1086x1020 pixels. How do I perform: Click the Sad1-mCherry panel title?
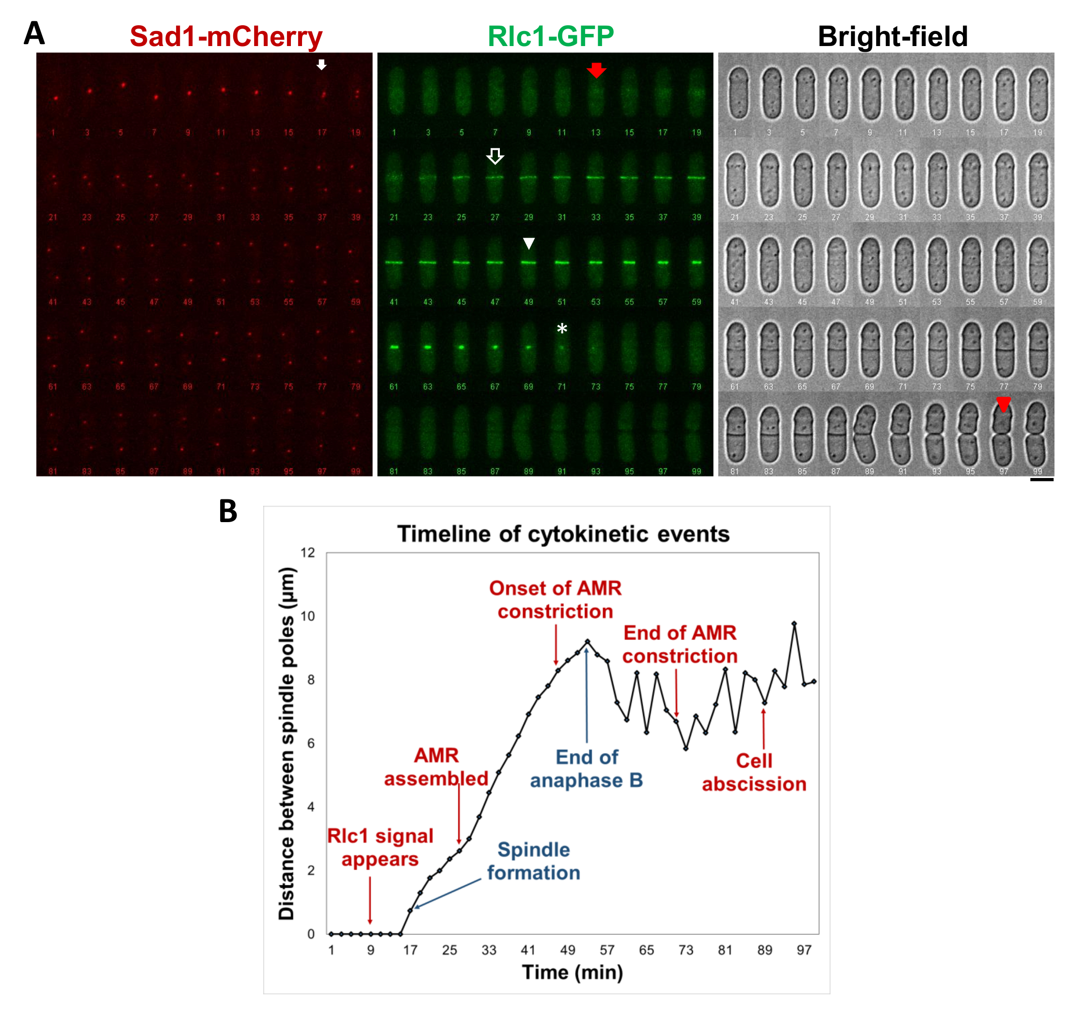pos(225,37)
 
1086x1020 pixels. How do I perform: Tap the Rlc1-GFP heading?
pos(550,37)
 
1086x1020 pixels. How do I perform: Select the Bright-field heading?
pos(892,37)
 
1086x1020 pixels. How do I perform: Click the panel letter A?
pos(34,34)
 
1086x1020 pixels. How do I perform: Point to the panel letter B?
pos(228,511)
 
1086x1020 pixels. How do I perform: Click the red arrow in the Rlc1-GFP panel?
pos(596,70)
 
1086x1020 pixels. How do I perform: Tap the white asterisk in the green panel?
pos(561,329)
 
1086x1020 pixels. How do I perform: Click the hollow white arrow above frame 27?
pos(495,156)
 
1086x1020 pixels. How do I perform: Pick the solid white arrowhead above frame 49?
pos(528,244)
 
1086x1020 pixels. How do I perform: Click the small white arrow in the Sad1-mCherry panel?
pos(322,64)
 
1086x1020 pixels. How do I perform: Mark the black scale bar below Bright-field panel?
pos(1041,479)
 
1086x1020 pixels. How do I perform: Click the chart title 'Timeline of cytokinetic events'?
pos(563,534)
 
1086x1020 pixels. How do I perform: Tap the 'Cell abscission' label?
pos(754,772)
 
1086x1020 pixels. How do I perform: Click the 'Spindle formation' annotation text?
pos(533,861)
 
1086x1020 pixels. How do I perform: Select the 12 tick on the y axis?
pos(307,553)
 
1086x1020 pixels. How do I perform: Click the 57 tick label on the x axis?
pos(607,951)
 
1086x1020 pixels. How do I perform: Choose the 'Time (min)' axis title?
pos(572,973)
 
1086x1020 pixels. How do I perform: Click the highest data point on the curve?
pos(794,623)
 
